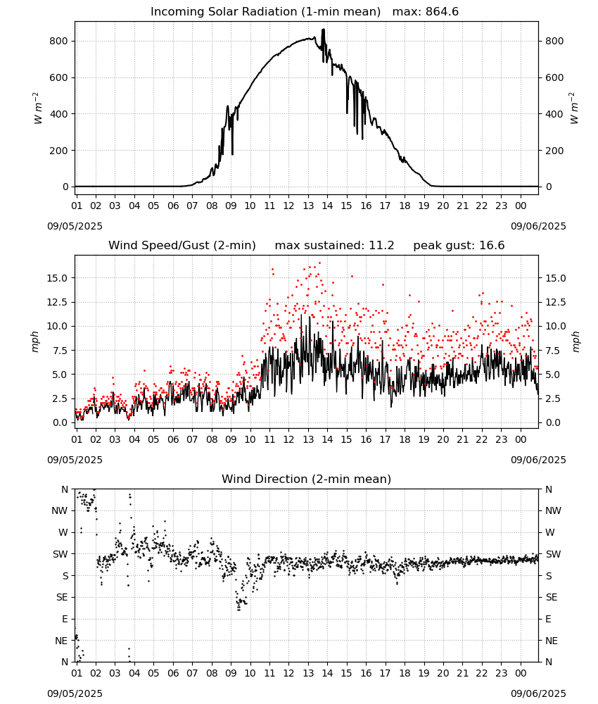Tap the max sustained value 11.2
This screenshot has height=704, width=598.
point(381,246)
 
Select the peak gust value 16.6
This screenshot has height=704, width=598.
point(492,246)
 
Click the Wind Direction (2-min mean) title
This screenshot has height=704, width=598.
point(307,479)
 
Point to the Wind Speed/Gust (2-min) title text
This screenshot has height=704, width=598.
point(182,246)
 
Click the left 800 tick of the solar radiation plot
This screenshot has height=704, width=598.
point(59,41)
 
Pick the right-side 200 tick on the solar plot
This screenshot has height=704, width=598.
point(554,151)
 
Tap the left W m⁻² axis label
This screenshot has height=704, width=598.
point(37,108)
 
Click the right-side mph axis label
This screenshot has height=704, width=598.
point(576,341)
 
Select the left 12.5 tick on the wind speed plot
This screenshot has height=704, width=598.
point(58,302)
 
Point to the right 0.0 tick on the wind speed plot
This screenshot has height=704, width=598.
point(553,422)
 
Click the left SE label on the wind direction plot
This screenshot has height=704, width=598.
point(62,597)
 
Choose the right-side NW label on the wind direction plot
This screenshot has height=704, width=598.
point(553,510)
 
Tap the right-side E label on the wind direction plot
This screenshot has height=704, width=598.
point(548,619)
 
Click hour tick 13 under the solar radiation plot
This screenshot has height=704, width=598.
point(308,206)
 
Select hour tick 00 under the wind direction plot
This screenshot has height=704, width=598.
point(521,673)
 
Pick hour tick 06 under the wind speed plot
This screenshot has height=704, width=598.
point(173,439)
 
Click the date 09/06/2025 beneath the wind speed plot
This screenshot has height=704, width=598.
point(538,460)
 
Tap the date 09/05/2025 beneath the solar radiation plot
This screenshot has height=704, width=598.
point(75,226)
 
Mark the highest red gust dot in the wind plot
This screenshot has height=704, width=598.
point(320,263)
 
